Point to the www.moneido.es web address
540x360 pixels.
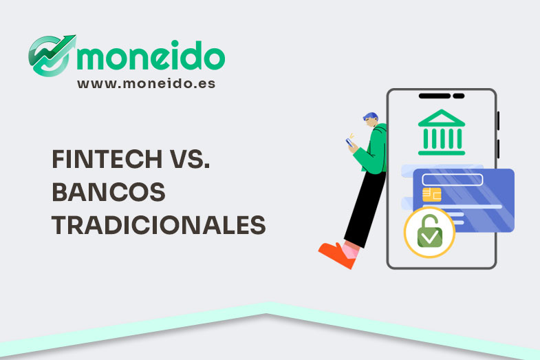coord(146,83)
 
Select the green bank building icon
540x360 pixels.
coord(441,131)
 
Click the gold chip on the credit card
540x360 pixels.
coord(432,195)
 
